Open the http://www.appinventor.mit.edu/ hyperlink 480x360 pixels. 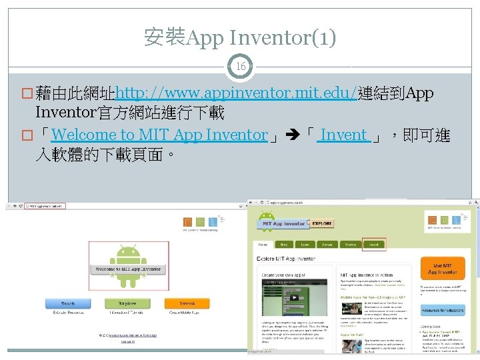(236, 92)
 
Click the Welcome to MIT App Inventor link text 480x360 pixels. (159, 135)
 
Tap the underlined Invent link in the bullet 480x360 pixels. (343, 135)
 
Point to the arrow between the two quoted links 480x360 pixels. (294, 135)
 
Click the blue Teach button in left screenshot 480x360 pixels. (67, 303)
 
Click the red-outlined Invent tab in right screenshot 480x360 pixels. (373, 244)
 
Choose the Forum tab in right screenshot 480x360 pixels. (327, 244)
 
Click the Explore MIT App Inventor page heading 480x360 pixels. (287, 257)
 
